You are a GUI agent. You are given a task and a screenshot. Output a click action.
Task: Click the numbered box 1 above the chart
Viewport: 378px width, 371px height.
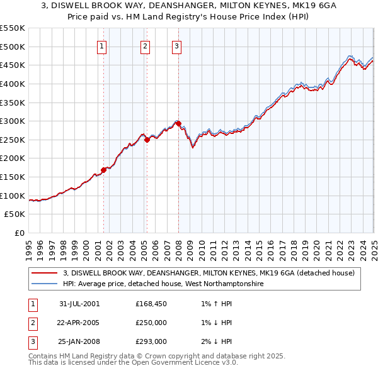click(x=101, y=45)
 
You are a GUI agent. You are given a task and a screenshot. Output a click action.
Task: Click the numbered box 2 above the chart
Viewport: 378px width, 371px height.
click(x=145, y=45)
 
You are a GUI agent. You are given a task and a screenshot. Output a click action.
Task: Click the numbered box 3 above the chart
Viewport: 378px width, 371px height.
click(x=176, y=45)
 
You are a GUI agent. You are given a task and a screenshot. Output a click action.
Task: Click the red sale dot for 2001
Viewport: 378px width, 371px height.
click(x=104, y=169)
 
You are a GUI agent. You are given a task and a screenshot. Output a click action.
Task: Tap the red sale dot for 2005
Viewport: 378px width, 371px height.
click(x=147, y=140)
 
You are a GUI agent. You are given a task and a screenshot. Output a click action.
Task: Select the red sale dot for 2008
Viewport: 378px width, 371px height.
click(x=178, y=123)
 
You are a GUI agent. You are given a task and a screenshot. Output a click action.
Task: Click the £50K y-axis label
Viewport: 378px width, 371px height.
click(x=14, y=214)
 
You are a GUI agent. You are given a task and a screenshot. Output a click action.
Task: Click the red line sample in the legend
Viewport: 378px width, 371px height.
click(x=45, y=273)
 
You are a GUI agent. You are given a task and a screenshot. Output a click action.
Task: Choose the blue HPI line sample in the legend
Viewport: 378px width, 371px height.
click(x=45, y=284)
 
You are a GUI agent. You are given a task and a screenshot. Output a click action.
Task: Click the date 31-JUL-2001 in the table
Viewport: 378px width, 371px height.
click(x=79, y=304)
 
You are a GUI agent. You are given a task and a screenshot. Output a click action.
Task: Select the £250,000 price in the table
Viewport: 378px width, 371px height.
click(x=151, y=323)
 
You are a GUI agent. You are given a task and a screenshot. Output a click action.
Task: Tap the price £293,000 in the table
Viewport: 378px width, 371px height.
click(x=151, y=341)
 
